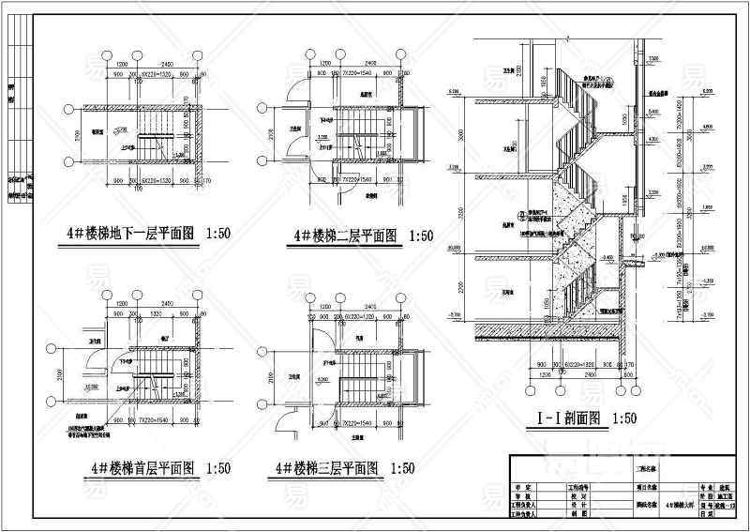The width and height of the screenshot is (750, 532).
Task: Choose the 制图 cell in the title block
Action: click(x=578, y=514)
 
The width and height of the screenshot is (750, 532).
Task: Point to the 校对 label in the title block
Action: click(x=578, y=496)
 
